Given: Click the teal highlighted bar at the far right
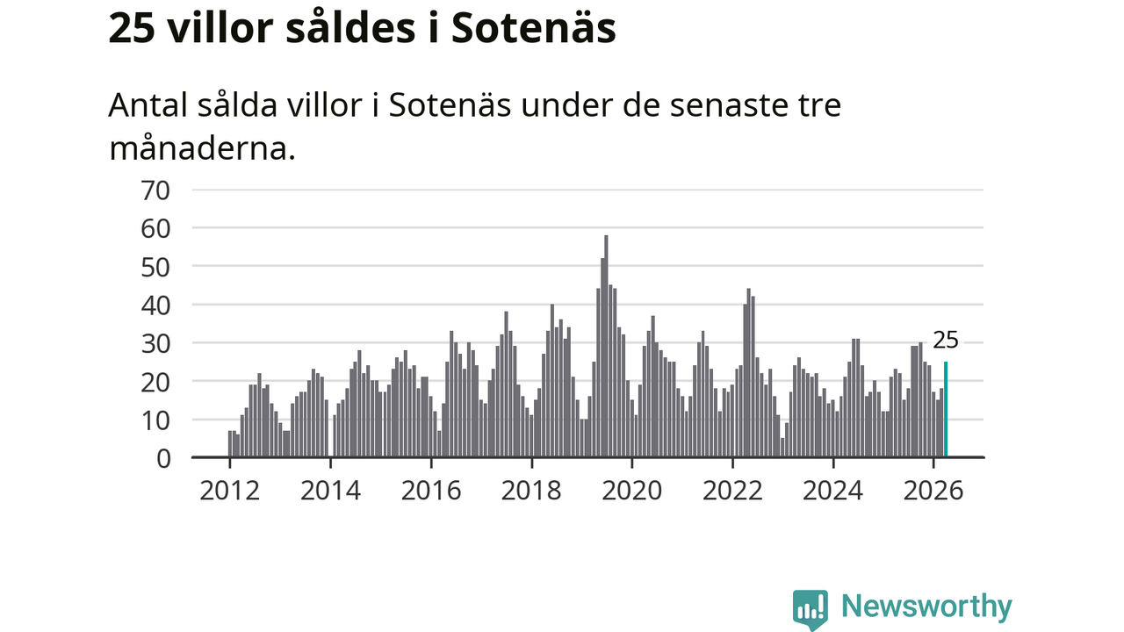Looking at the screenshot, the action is tap(946, 409).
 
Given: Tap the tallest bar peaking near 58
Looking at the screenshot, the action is tap(606, 346).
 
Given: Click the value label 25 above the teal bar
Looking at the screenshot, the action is tap(946, 341).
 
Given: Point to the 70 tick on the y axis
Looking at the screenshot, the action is tap(156, 191).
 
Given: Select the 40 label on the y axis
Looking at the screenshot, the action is tap(156, 306).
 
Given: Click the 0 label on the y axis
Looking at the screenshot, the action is tap(163, 459).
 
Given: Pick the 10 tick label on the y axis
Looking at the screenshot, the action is tap(156, 420).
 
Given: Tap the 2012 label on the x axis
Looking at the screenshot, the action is tap(230, 491).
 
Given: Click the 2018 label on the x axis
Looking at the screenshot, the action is tap(531, 491).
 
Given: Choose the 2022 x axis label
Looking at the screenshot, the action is tap(732, 491).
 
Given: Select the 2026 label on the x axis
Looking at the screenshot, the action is tap(933, 491).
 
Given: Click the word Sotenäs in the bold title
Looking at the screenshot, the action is tap(533, 28).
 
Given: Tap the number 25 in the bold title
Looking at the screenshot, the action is tap(132, 29).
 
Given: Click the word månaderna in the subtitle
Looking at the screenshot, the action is tap(202, 149).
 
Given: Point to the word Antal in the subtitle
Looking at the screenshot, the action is tap(149, 104).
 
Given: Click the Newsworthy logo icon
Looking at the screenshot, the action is tap(811, 610).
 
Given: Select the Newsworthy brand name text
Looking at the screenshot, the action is tap(926, 607).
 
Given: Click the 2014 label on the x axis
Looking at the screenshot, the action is tap(331, 491).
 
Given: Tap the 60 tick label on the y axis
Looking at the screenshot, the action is tap(156, 230).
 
